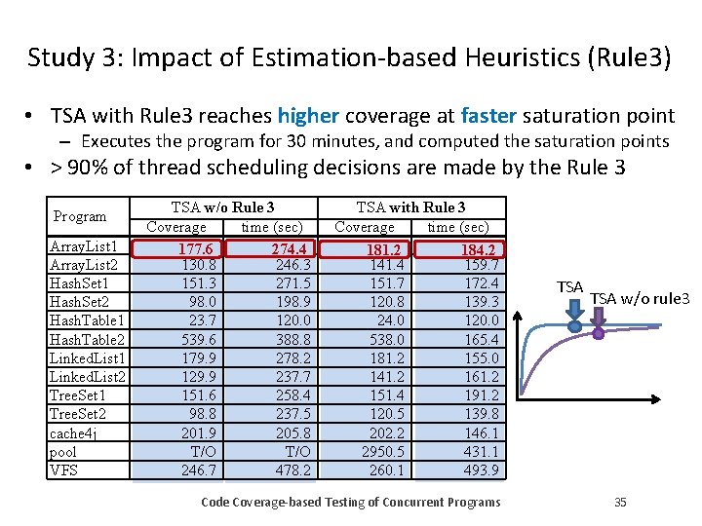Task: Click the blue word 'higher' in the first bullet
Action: click(308, 116)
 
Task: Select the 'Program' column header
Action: click(80, 215)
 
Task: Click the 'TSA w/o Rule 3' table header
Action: click(222, 207)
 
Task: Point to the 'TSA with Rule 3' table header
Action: click(410, 207)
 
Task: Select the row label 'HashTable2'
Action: click(84, 339)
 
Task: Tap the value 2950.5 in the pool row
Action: click(382, 452)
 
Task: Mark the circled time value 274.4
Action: click(291, 249)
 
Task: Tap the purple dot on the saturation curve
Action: click(599, 332)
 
